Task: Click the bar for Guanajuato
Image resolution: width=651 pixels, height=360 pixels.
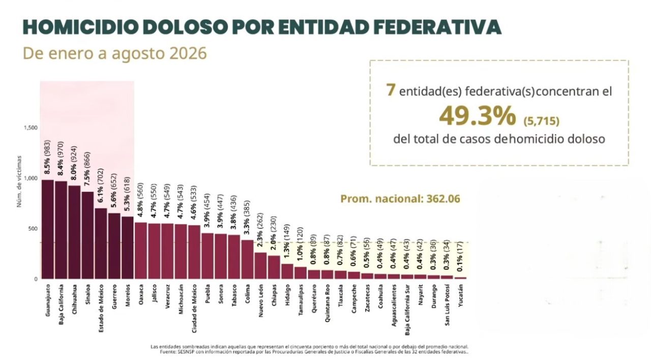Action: point(48,229)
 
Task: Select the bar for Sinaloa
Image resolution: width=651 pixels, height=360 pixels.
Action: point(87,235)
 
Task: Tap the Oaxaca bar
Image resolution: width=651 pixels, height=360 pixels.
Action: point(141,251)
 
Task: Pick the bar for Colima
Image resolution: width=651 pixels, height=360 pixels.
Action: point(247,259)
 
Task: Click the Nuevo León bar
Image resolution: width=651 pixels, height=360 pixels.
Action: point(261,265)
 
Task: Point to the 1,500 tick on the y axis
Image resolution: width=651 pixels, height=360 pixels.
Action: point(31,128)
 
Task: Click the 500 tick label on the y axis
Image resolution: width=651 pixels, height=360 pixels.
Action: point(34,229)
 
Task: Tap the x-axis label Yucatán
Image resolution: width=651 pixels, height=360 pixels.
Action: point(460,295)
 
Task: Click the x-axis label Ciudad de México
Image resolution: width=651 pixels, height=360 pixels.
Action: point(194,309)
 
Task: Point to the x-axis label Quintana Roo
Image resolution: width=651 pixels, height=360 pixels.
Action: point(327,303)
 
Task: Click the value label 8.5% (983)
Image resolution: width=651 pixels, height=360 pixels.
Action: point(48,157)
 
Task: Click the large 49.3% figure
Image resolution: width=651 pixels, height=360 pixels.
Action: point(478,117)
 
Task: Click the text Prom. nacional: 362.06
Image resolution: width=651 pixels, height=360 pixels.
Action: point(400,199)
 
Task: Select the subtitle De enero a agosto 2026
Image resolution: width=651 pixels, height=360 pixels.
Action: point(115,53)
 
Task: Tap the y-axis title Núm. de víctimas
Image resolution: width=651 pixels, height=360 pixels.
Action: point(19,182)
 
